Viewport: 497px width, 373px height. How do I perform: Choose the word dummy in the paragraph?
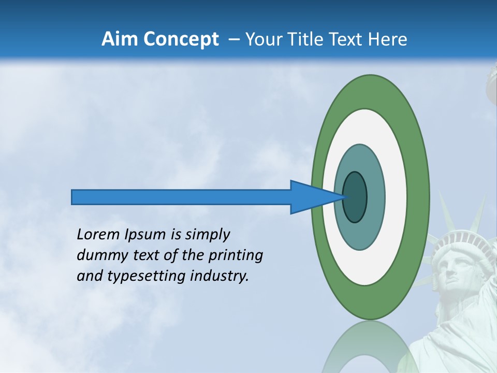click(x=98, y=255)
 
